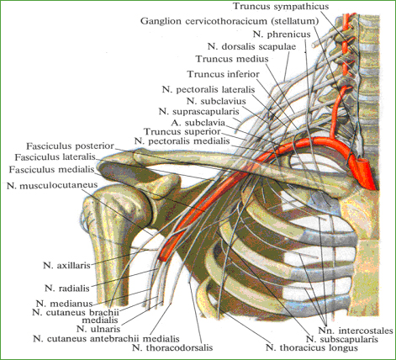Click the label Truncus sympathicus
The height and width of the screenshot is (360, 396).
point(281,6)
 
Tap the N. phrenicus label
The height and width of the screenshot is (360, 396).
point(282,34)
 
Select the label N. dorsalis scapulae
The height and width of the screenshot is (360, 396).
point(251,46)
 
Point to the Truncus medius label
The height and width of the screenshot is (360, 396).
point(232,59)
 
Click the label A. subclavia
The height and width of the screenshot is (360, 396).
point(198,123)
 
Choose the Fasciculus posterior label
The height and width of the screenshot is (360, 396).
point(70,146)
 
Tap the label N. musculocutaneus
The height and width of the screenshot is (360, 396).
point(52,185)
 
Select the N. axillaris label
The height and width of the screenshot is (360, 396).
point(66,265)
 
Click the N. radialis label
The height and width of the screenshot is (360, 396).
point(67,288)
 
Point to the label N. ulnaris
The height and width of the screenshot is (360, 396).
point(98,329)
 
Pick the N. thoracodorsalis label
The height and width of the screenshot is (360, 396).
point(172,347)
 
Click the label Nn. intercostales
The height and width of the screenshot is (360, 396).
point(356,331)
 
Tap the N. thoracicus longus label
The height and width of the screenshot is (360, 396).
point(312,348)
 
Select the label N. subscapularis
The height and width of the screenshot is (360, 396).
point(342,339)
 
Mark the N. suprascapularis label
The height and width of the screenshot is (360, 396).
point(198,112)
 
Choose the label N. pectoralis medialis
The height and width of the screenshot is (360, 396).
point(182,141)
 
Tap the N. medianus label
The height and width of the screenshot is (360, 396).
point(64,304)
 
